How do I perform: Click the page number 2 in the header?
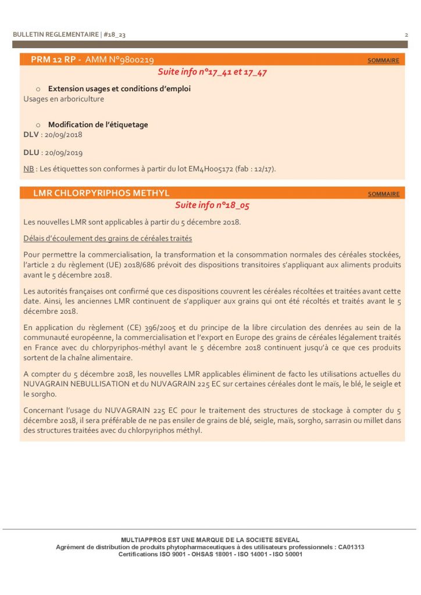(406, 35)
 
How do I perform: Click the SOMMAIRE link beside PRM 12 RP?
(383, 60)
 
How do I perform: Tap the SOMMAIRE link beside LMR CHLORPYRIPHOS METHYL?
(383, 194)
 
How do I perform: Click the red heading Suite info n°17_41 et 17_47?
(212, 72)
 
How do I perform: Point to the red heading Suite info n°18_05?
(212, 205)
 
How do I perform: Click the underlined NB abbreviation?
(28, 169)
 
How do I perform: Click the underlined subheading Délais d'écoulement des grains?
(108, 238)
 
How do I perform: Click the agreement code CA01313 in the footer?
(352, 547)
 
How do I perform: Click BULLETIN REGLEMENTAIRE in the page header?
(56, 35)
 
